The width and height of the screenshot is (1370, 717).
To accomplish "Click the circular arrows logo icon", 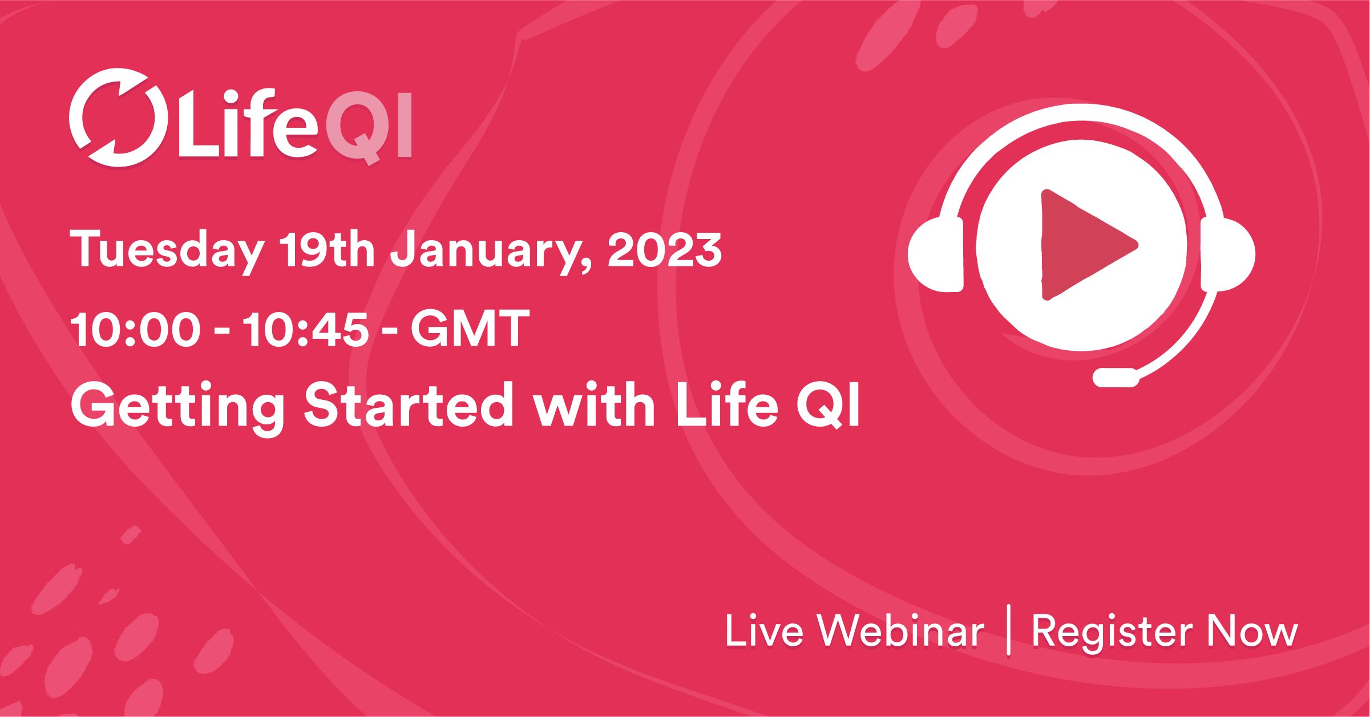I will pos(118,118).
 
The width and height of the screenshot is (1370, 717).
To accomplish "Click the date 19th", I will pos(326,250).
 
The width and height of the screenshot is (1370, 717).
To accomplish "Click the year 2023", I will pos(665,250).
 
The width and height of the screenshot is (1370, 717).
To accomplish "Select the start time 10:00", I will pos(135,330).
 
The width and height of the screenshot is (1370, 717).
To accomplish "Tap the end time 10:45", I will pos(306,330).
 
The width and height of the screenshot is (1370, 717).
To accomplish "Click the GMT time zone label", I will pos(470,329).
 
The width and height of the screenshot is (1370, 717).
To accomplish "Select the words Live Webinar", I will pos(854,631).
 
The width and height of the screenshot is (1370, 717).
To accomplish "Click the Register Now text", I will pos(1165,631).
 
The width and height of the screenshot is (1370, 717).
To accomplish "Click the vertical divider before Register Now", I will pos(1009,630).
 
